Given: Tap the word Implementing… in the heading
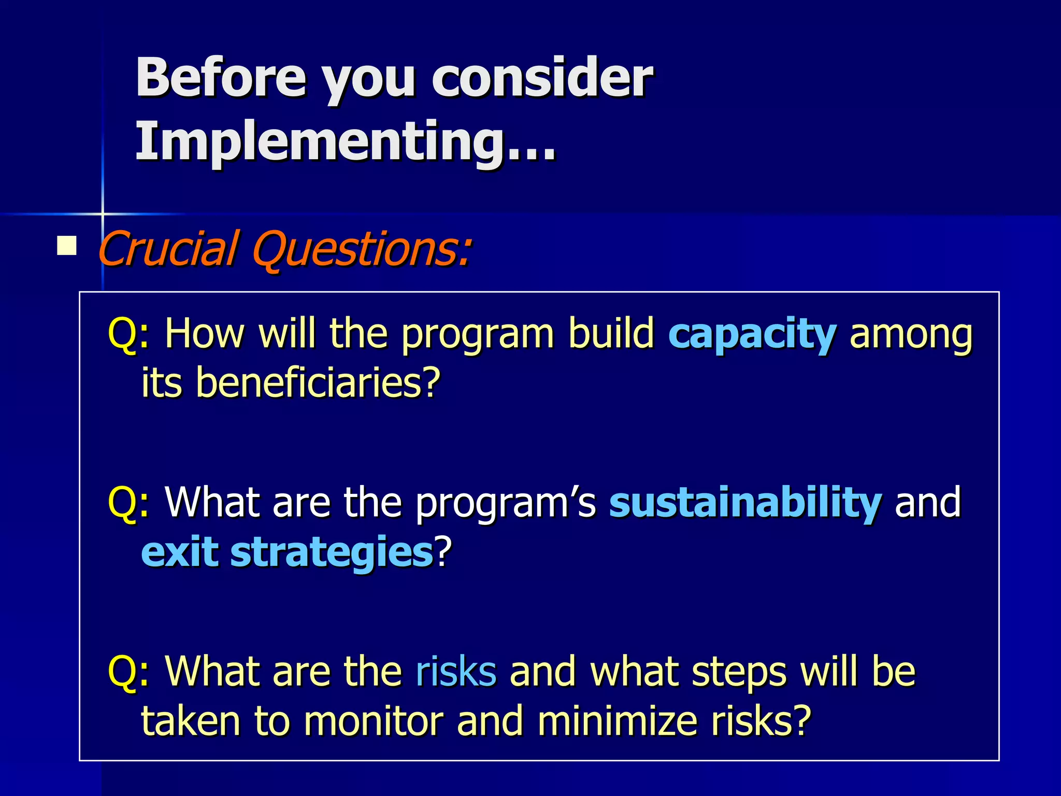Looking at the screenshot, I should point(346,141).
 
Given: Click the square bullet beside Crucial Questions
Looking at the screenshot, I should point(67,246).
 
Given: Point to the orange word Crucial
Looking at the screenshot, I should point(168,249).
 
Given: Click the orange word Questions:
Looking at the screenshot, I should point(362,249).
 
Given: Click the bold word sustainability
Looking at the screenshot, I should point(745,502).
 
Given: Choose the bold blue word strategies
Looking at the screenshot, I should point(332,552).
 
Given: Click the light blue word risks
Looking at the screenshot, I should point(456,671).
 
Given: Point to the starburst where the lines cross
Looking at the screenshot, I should point(103,214).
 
